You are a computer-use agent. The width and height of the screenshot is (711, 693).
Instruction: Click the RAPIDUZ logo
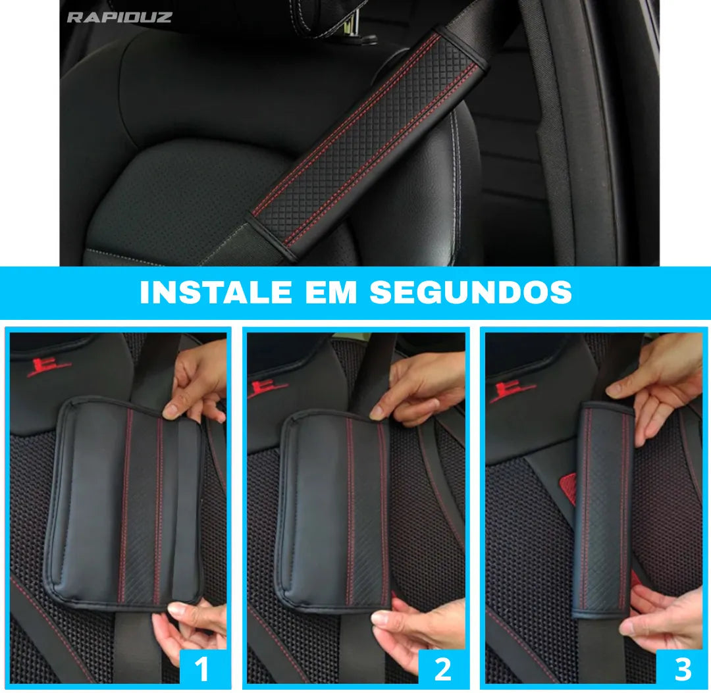coord(119,17)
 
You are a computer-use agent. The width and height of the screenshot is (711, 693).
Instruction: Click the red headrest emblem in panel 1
coord(49,366)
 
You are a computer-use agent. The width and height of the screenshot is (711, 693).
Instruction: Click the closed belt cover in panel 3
coord(602,510)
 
